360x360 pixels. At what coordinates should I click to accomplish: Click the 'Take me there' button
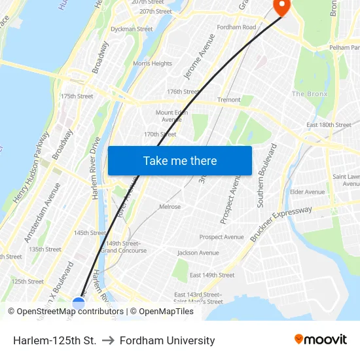[179, 160]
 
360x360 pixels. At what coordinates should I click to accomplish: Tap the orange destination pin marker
[281, 7]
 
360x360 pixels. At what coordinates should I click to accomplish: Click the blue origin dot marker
[79, 304]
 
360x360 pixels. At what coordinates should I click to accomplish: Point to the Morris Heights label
[153, 63]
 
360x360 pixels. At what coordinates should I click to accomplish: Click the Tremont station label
[229, 100]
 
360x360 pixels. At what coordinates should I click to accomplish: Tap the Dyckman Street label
[132, 29]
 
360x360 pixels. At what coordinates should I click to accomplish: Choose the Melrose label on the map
[170, 207]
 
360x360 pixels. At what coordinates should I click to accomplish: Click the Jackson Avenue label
[198, 253]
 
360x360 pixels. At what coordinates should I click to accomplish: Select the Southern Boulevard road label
[268, 175]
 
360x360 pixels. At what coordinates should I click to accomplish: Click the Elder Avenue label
[307, 192]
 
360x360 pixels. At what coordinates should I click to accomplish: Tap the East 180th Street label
[329, 125]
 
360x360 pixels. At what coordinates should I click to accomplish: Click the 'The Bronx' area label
[309, 94]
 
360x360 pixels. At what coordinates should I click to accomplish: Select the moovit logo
[320, 339]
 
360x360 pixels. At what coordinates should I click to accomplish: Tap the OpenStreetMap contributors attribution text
[65, 312]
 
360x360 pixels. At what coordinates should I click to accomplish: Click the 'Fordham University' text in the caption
[168, 341]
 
